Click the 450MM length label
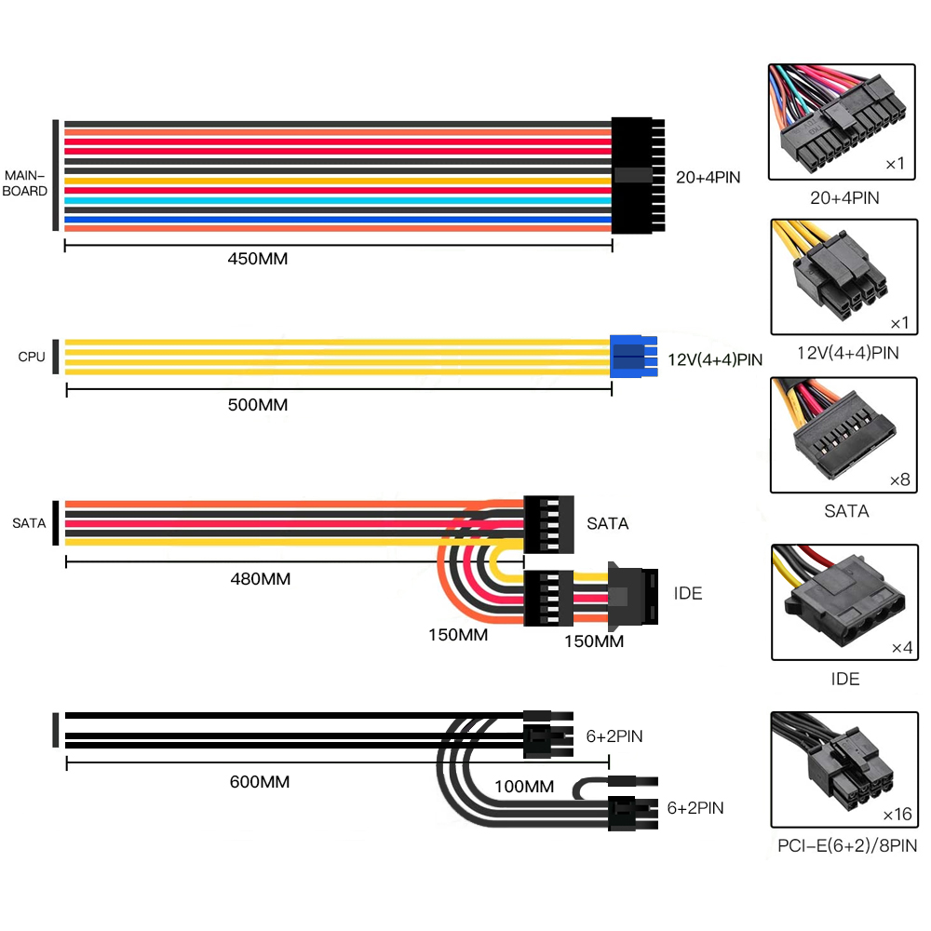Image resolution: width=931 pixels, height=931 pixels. pos(257,259)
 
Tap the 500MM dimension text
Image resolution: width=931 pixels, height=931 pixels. pos(257,405)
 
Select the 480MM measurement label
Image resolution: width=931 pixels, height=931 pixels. pos(260,579)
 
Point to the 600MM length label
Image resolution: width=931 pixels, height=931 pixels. pos(259,782)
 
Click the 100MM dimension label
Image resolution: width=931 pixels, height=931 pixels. pos(524,787)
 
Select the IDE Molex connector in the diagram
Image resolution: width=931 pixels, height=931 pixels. pos(632,592)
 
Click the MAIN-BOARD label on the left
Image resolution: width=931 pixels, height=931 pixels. pos(26,182)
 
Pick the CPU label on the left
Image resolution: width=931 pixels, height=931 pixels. pos(31,357)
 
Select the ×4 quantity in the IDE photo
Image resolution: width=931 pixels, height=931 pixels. pos(900,647)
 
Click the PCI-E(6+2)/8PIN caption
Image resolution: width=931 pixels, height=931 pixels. pos(846,846)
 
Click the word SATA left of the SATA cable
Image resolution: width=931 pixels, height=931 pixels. pos(29,523)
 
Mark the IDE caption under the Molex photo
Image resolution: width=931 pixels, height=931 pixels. pos(844,679)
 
